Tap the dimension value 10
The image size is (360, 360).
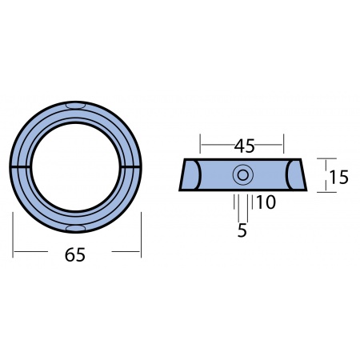tap(266, 203)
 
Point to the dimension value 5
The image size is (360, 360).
tap(242, 231)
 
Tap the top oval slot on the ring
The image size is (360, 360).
tap(77, 105)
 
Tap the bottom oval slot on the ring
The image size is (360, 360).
tap(77, 228)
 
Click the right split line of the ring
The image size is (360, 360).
tap(132, 166)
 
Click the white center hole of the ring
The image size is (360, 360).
tap(77, 166)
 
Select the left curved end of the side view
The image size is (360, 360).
tap(190, 175)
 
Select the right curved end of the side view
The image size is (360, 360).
tap(294, 175)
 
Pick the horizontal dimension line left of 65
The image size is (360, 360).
tap(36, 253)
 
